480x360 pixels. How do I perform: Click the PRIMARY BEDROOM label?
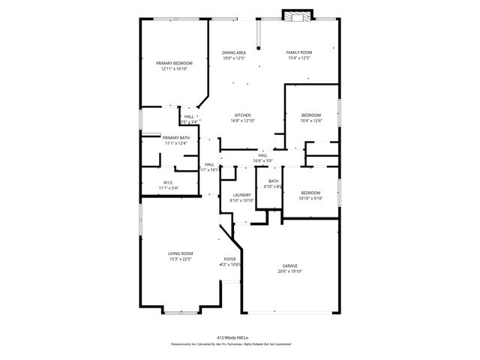point(174,63)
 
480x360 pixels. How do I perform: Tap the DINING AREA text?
point(234,52)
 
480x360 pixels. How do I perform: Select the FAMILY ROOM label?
point(298,52)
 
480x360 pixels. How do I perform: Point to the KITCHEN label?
point(242,115)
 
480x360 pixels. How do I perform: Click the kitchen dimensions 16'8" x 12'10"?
point(242,121)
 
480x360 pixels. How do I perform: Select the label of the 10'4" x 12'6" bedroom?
point(310,115)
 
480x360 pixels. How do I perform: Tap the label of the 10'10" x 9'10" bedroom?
point(310,193)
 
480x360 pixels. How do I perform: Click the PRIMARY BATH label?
point(176,138)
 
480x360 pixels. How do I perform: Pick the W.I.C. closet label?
point(169,182)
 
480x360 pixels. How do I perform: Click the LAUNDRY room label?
point(241,195)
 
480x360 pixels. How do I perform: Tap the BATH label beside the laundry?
point(274,181)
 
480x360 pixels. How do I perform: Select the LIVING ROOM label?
point(180,253)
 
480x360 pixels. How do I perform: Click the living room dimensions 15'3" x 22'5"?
point(180,259)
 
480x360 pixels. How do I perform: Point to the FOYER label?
point(229,259)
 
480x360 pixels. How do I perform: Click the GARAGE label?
point(290,265)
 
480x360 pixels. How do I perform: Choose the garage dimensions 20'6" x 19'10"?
point(290,271)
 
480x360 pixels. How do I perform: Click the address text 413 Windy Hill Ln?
point(240,337)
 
